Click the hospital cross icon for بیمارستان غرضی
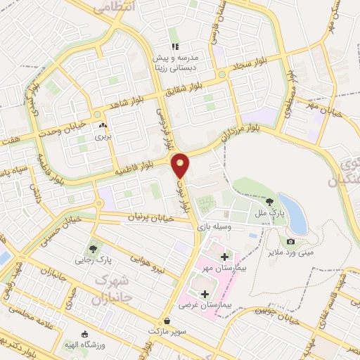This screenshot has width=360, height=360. pyautogui.click(x=205, y=293)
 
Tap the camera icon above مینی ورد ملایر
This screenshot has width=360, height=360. pyautogui.click(x=290, y=241)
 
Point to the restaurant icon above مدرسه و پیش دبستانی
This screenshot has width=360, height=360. pyautogui.click(x=174, y=46)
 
